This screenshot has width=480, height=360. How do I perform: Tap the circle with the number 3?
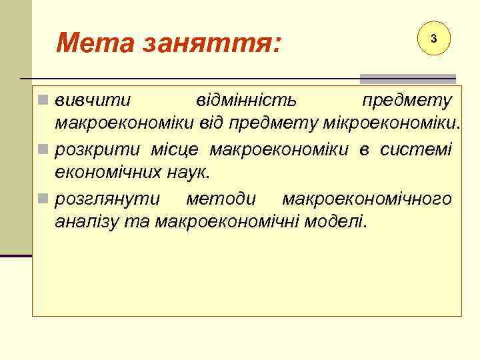(433, 39)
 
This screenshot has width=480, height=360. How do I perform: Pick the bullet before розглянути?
(43, 199)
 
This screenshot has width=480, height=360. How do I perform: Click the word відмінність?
(247, 101)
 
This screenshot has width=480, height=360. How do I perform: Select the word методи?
(221, 199)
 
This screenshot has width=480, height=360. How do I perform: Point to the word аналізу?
(87, 221)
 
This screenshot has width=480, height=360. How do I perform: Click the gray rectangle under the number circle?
(407, 79)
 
